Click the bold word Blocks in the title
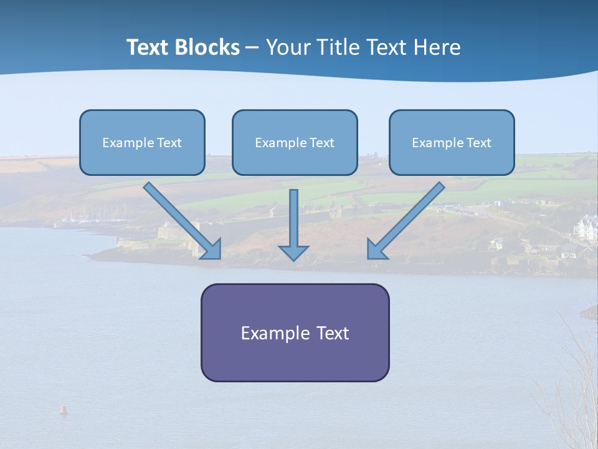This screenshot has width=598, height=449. pos(207,47)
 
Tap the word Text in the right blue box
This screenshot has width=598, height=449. pos(478,143)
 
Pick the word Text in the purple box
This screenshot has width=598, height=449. pos(333,333)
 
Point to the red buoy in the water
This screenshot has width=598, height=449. pos(62,410)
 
